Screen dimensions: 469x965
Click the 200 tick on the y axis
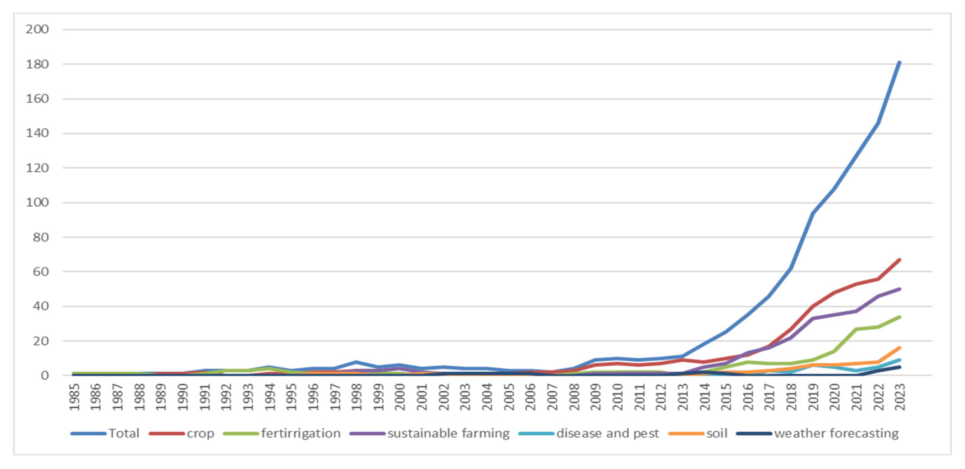click(x=37, y=29)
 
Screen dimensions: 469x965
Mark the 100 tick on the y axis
click(x=37, y=203)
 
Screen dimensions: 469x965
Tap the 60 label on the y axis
click(x=41, y=272)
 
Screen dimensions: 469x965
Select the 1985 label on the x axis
click(x=74, y=397)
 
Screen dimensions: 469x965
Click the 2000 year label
click(x=400, y=397)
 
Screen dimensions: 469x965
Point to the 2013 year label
click(x=683, y=397)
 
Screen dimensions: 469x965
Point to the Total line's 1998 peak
click(x=356, y=362)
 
